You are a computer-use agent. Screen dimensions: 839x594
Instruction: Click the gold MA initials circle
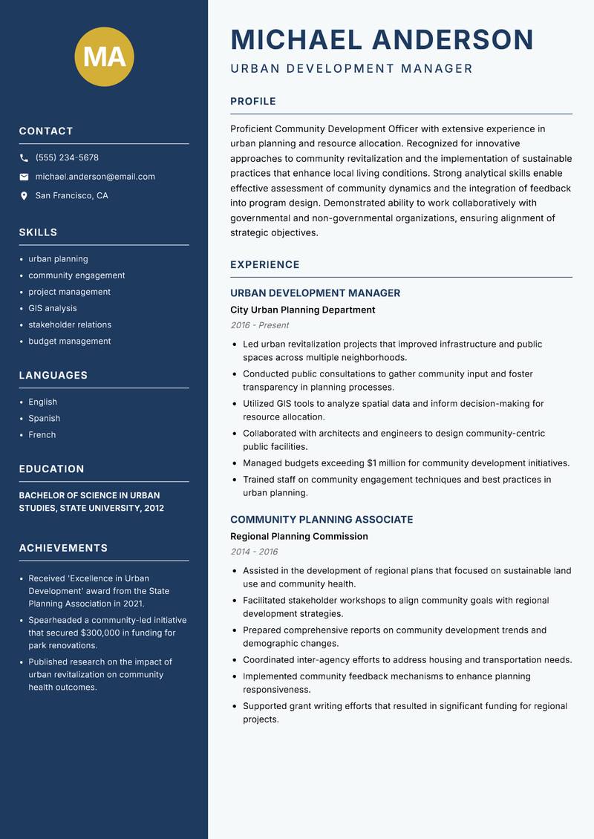105,56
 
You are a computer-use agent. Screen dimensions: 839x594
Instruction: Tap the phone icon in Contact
24,158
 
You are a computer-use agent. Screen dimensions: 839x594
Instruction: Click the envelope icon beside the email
24,177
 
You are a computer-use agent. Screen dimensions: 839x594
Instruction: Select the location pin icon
24,196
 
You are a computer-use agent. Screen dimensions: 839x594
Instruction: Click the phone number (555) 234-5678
67,158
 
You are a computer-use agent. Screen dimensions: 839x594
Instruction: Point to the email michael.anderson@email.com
95,177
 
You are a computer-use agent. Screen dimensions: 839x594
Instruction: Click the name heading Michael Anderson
382,40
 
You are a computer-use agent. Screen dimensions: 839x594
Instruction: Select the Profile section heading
253,102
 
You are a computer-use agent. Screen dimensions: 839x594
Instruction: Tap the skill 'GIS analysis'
53,308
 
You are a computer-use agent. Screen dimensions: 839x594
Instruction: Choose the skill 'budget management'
70,342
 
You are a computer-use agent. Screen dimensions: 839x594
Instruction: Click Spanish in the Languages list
45,419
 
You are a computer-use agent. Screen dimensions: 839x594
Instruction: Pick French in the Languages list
42,435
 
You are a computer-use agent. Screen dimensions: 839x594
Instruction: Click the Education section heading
52,469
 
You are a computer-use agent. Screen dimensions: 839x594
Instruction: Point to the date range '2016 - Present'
260,325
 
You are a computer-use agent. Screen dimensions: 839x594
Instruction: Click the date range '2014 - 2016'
254,552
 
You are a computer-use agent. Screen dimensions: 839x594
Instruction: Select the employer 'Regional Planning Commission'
299,536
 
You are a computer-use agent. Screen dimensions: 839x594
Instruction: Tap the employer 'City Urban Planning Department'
303,310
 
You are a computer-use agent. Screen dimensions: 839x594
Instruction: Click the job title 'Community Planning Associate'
322,520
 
